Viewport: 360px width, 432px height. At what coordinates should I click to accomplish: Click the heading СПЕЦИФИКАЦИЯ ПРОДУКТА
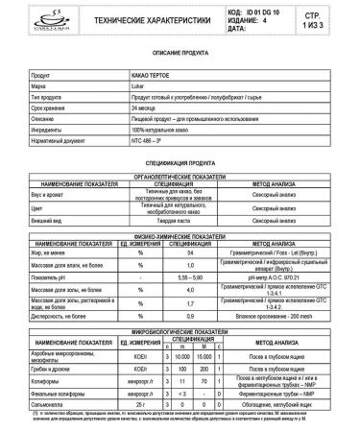[180, 164]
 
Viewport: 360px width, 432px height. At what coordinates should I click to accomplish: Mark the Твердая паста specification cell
[182, 220]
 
